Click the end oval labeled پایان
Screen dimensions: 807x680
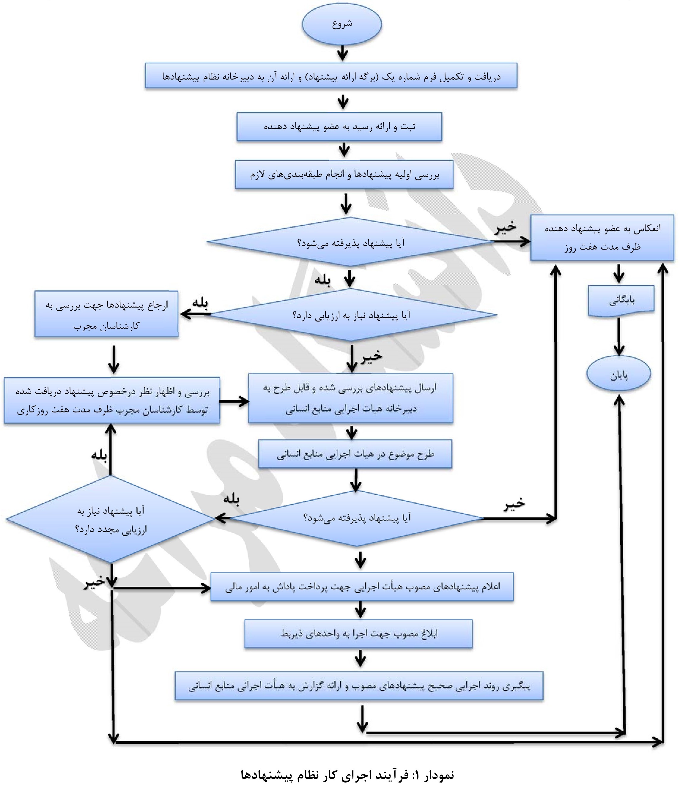(x=619, y=374)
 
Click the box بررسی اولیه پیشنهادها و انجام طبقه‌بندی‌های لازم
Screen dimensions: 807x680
(x=344, y=175)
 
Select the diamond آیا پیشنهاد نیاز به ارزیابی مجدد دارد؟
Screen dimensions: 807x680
(x=111, y=519)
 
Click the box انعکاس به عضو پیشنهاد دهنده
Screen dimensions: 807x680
(x=602, y=237)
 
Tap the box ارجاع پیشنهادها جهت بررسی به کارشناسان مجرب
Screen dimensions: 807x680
(x=106, y=314)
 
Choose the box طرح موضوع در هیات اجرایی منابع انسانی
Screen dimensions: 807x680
(x=355, y=454)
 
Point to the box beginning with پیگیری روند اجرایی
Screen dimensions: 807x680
(x=359, y=685)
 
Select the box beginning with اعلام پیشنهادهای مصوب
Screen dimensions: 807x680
(x=362, y=587)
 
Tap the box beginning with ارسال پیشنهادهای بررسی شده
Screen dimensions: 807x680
(x=350, y=398)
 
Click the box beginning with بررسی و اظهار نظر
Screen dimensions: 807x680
(x=112, y=401)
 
